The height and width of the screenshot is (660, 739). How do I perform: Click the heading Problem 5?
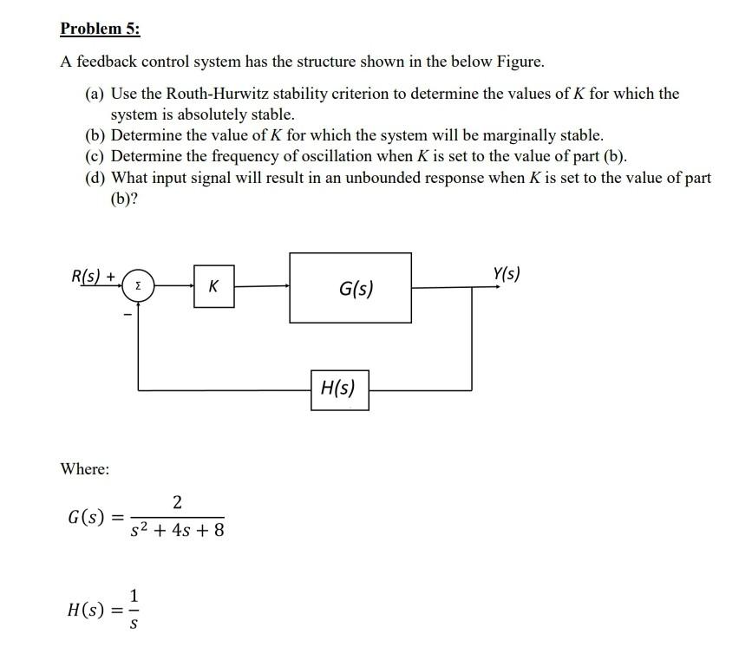100,29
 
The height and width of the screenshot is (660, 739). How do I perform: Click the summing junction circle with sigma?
141,284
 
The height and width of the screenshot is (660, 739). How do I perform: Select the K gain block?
213,284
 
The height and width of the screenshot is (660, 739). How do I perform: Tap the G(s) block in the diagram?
350,288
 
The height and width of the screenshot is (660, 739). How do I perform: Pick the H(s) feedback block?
339,389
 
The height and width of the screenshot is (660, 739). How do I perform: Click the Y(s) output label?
507,274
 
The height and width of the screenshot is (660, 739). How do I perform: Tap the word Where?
85,469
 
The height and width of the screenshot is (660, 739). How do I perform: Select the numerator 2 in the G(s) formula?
177,501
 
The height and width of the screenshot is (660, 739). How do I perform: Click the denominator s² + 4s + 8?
177,529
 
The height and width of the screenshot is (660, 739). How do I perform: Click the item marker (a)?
95,94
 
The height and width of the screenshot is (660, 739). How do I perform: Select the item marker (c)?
95,156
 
